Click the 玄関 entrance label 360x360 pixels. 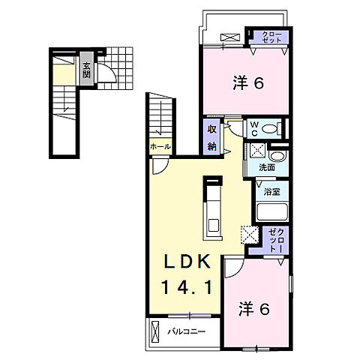(x=86, y=70)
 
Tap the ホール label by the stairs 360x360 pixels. (x=160, y=147)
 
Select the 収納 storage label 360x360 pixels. (x=211, y=138)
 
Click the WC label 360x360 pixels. (x=254, y=129)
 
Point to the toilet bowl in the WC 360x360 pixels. (x=269, y=129)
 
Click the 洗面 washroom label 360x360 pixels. (x=267, y=167)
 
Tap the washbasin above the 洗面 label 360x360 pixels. (x=277, y=156)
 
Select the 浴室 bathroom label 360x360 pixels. (x=271, y=192)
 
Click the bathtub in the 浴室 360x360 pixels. (x=271, y=212)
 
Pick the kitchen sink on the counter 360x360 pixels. (x=214, y=225)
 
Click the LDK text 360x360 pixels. (x=187, y=262)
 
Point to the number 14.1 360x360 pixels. (x=187, y=287)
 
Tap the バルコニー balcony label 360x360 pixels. (x=187, y=332)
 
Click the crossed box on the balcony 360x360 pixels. (x=155, y=331)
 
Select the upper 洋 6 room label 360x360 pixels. (x=248, y=83)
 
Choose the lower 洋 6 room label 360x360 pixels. (x=254, y=309)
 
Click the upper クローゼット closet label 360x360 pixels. (x=271, y=37)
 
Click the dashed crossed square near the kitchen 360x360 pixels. (x=249, y=235)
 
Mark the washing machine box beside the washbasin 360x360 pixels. (x=256, y=151)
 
